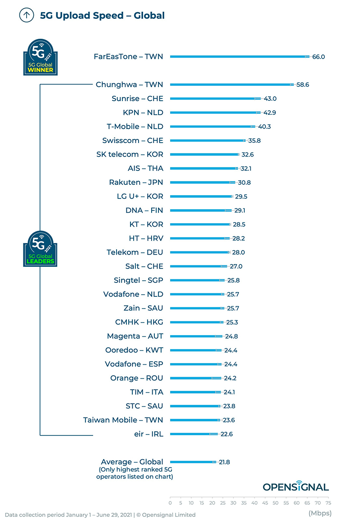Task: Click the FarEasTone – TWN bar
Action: [x=238, y=57]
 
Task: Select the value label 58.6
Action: [x=303, y=85]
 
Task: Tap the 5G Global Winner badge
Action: [x=40, y=57]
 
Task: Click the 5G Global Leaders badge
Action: [x=40, y=248]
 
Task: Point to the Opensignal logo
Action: [x=296, y=486]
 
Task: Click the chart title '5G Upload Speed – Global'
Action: [x=102, y=16]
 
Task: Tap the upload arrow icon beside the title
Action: [x=27, y=15]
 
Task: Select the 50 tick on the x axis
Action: [x=275, y=503]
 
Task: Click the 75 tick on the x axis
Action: [x=328, y=503]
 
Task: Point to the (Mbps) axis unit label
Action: [x=319, y=513]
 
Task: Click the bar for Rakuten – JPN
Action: [x=202, y=182]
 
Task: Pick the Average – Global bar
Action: [x=193, y=462]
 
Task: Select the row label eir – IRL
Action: [x=146, y=434]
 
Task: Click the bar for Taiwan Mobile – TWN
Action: [x=195, y=420]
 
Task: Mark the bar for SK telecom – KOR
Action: [x=204, y=154]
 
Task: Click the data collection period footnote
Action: [x=100, y=515]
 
